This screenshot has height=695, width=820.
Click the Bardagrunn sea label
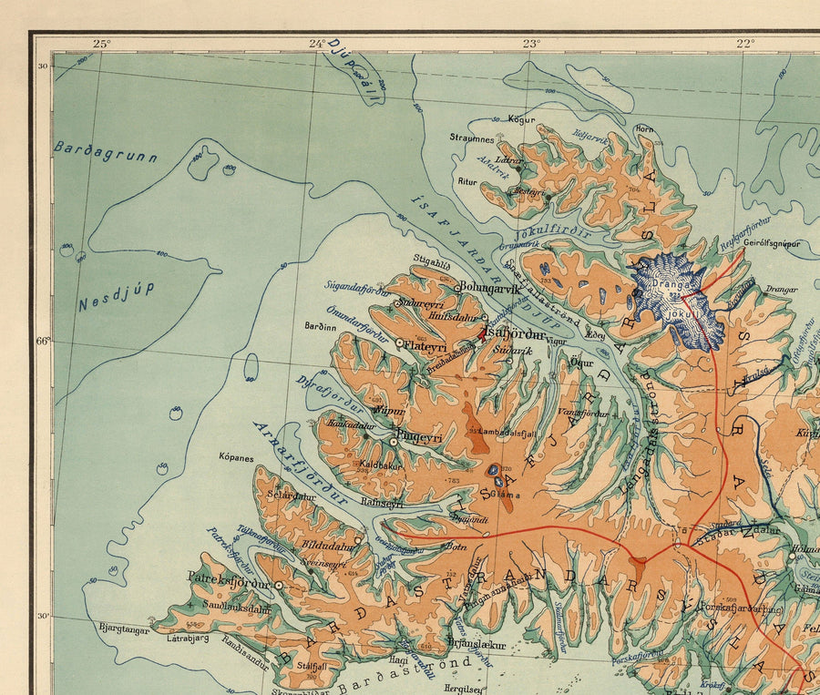[105, 151]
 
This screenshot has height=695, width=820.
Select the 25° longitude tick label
[100, 43]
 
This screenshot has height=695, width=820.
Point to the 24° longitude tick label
[316, 43]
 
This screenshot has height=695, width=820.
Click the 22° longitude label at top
[744, 43]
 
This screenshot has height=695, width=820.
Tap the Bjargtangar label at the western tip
[124, 628]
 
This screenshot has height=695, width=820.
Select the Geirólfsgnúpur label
[771, 243]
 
